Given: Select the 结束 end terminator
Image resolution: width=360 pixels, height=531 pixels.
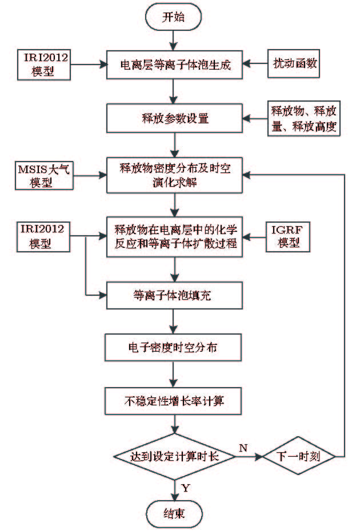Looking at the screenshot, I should tap(174, 512).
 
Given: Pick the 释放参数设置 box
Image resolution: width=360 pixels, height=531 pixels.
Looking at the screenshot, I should tap(174, 119).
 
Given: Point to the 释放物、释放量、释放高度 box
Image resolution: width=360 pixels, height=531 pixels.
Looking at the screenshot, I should tap(305, 119).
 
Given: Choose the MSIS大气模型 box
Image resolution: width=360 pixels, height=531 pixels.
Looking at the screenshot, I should tap(43, 174).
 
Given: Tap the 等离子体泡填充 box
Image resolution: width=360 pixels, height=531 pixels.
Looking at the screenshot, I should tap(174, 295).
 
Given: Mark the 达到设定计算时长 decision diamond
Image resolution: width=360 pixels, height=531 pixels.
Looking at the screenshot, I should tap(174, 456).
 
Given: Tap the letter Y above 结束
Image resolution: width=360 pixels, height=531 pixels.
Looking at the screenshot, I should tap(186, 487).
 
